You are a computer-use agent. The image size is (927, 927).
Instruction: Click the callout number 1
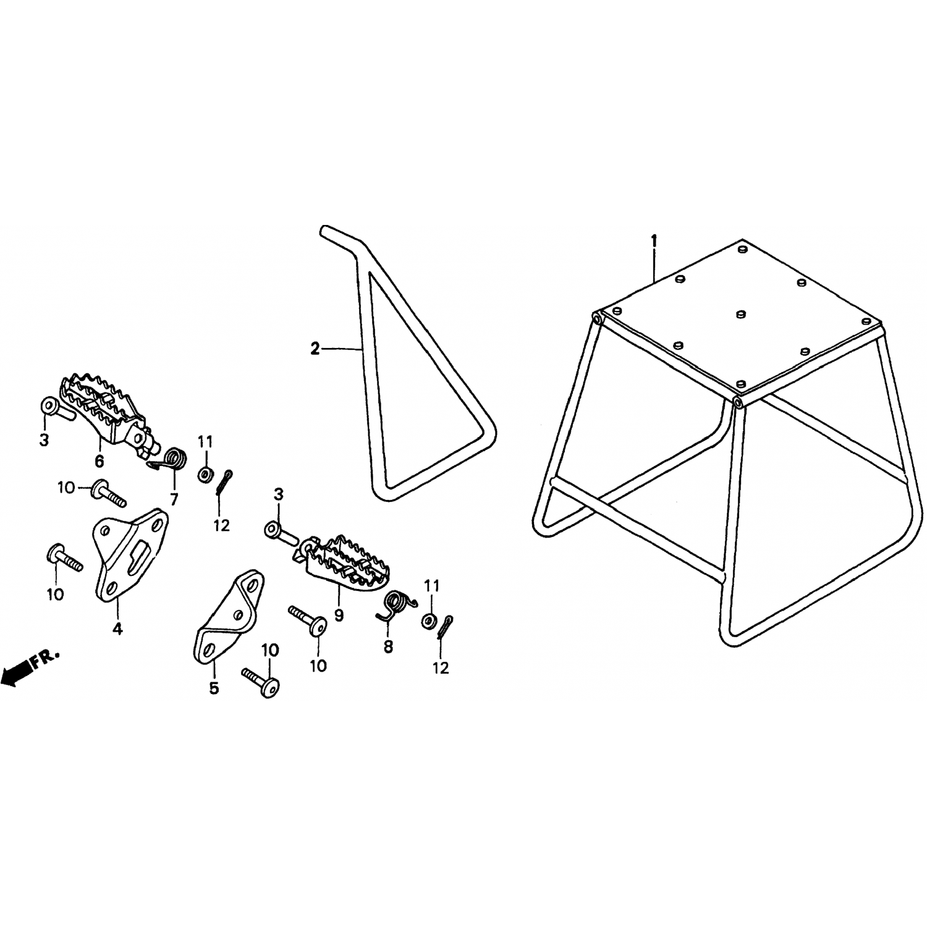coord(654,240)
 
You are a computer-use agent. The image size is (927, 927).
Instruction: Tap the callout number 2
coord(315,350)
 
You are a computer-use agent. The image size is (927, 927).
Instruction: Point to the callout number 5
coord(214,688)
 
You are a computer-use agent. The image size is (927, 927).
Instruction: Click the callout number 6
coord(99,461)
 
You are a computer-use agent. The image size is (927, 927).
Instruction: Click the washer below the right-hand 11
coord(428,620)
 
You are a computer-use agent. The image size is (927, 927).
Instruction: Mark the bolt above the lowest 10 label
coord(260,682)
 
